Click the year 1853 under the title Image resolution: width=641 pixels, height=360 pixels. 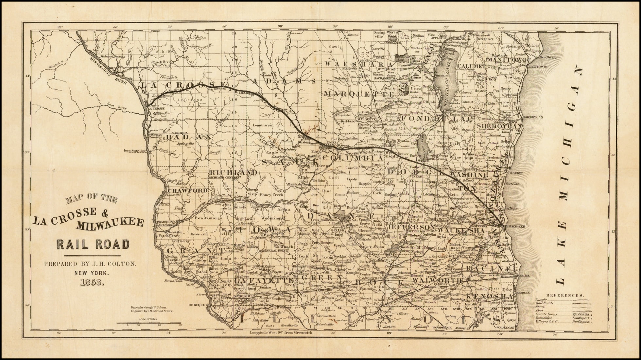92,283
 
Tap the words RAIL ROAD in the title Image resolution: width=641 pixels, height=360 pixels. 93,244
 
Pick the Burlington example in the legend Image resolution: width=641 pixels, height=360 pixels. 581,322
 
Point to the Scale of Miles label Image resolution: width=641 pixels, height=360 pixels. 148,318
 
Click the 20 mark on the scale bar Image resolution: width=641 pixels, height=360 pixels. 159,325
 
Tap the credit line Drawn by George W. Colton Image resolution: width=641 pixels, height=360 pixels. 148,308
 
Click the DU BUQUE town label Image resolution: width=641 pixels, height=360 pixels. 197,305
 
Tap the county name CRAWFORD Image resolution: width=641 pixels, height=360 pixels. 187,190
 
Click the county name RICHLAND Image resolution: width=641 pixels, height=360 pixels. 233,172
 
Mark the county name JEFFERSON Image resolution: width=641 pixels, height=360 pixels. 411,226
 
